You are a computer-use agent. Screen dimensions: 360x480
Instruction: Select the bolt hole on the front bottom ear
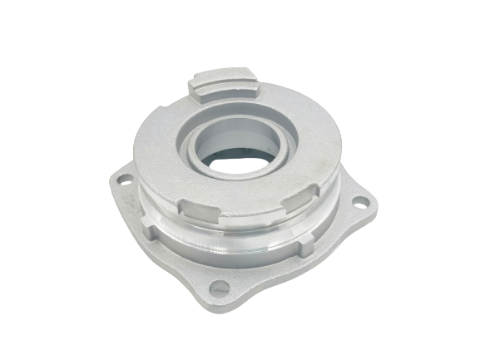click(219, 288)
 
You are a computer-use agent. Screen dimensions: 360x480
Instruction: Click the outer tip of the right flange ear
click(372, 200)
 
